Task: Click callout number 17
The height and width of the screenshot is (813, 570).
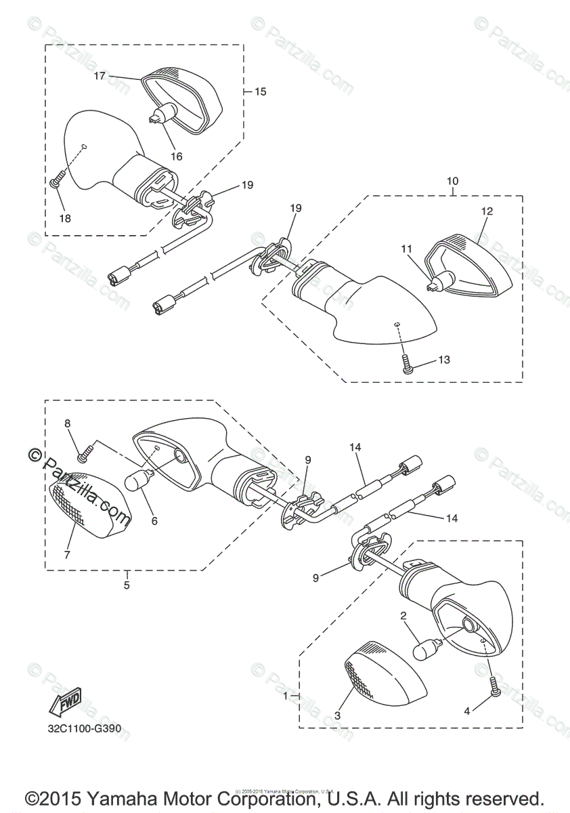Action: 100,76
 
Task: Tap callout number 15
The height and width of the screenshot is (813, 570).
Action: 260,91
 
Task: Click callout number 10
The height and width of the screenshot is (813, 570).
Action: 452,181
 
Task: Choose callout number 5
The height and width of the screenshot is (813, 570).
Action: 127,585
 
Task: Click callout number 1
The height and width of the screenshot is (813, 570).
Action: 286,695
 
